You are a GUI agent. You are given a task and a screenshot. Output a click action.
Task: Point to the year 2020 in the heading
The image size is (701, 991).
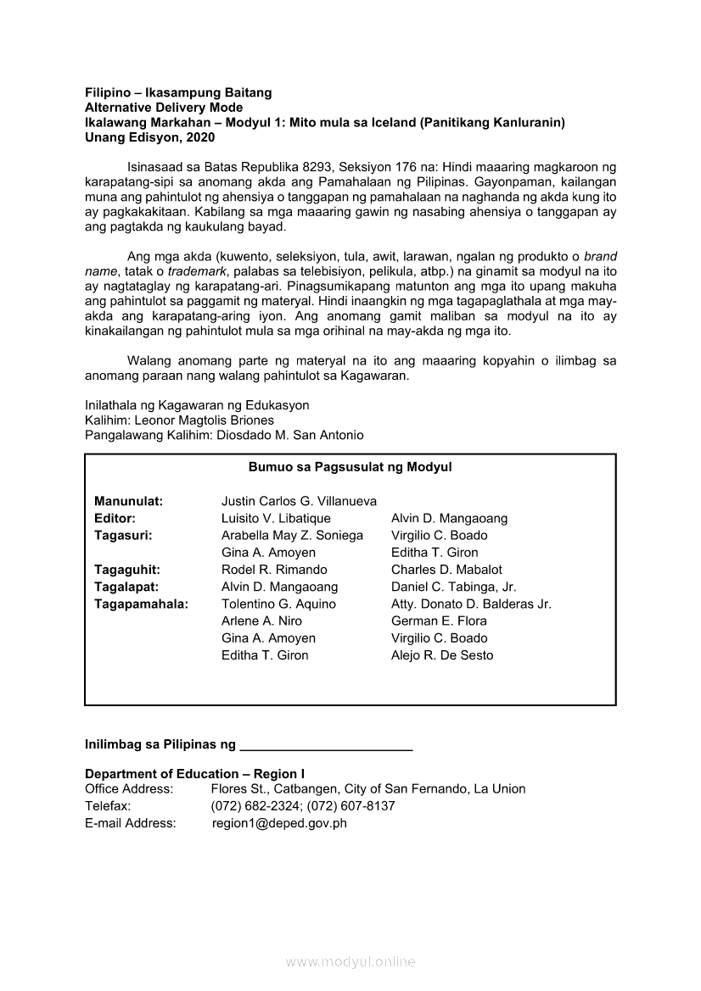198,136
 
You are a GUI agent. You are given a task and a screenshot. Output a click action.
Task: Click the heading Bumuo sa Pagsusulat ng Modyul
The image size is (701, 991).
350,467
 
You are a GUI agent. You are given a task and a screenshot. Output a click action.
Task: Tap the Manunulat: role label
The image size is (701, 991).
128,501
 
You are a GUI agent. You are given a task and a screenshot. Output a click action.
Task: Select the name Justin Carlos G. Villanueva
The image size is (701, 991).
299,501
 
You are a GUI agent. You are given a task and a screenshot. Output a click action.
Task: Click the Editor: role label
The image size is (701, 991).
115,518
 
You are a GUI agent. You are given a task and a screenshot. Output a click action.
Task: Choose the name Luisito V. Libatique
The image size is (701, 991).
276,518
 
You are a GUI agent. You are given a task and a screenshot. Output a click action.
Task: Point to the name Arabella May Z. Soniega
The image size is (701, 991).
292,535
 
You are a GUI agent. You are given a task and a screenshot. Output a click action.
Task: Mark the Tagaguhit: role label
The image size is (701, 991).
127,570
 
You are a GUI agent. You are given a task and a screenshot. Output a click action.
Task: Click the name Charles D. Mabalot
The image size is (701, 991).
446,570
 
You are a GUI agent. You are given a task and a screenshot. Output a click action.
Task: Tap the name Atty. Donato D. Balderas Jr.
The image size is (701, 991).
471,604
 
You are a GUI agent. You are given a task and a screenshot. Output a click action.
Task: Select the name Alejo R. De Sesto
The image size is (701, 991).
441,655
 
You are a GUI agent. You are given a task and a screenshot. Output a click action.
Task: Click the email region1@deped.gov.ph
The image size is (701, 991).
279,822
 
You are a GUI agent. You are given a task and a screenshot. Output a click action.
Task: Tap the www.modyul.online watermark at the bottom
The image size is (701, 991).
350,961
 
